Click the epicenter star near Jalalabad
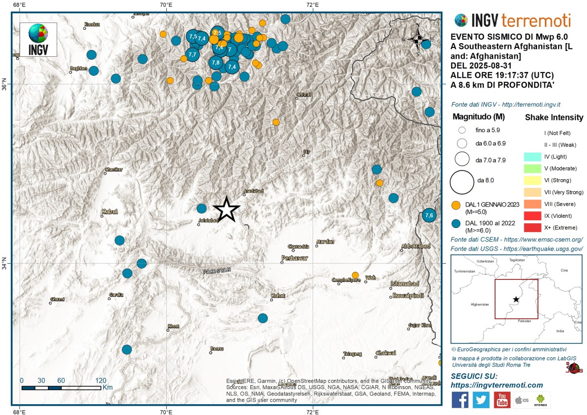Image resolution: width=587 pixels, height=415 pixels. click(x=226, y=209)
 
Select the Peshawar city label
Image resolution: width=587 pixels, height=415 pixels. click(x=294, y=258)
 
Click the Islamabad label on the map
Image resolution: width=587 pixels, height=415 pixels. click(x=405, y=284)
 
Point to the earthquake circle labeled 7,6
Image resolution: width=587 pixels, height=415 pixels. click(x=429, y=215)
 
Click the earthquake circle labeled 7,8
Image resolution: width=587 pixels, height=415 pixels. click(x=216, y=63)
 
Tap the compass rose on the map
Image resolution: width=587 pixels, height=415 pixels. click(x=418, y=40)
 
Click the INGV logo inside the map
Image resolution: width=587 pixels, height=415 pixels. click(x=38, y=39)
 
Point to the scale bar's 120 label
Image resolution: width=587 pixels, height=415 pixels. click(x=101, y=380)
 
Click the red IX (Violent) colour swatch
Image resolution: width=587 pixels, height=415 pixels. click(x=532, y=216)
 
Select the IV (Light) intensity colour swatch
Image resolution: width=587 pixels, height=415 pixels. click(x=532, y=157)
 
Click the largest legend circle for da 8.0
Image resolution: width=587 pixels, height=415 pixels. click(x=462, y=181)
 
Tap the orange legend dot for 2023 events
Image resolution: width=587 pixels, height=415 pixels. click(x=456, y=205)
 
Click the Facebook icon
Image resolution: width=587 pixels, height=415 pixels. click(x=460, y=400)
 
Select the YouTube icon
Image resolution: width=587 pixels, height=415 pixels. click(x=502, y=400)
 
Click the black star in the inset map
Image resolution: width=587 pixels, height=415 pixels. click(x=516, y=299)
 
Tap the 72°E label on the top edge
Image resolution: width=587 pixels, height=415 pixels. click(x=313, y=5)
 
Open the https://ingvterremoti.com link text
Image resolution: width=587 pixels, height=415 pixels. click(x=497, y=385)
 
